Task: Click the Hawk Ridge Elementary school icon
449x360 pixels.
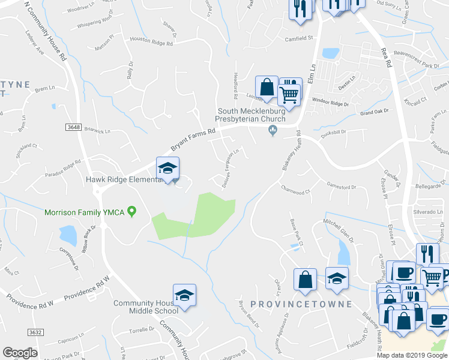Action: pyautogui.click(x=168, y=168)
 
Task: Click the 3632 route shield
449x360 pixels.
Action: pyautogui.click(x=36, y=331)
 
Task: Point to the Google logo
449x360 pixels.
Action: pyautogui.click(x=20, y=353)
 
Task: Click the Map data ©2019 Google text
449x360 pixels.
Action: pyautogui.click(x=412, y=355)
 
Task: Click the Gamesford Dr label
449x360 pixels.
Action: pyautogui.click(x=341, y=185)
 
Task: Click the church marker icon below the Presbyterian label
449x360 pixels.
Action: pyautogui.click(x=273, y=130)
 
